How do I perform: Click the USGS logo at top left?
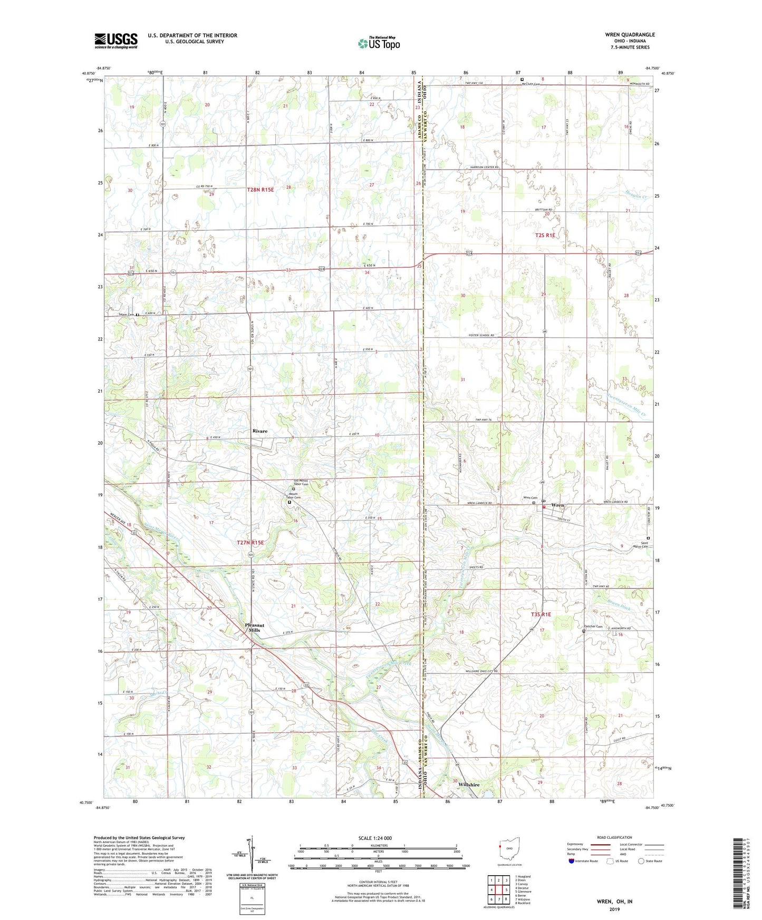pos(115,40)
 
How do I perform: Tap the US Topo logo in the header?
pos(379,43)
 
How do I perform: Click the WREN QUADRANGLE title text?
pos(630,35)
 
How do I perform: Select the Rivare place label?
pos(259,431)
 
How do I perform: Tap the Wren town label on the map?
pos(557,505)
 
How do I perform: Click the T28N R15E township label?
pos(260,189)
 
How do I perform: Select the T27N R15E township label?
pos(250,542)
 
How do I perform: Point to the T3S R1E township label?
pos(541,614)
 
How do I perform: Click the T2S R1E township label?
pos(545,236)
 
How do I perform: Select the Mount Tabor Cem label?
pos(293,496)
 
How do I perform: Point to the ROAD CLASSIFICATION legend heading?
pos(614,837)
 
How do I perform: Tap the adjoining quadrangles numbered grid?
pos(498,890)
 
